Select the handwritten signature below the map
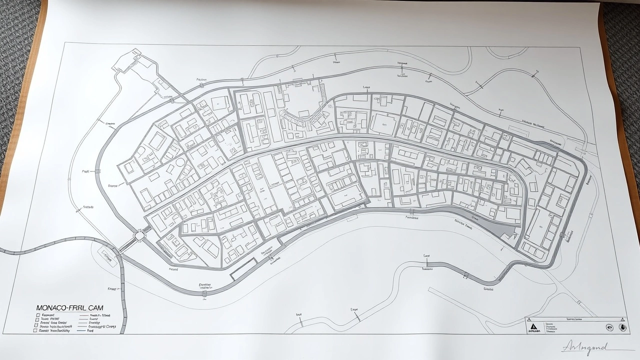point(584,347)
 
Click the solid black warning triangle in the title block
point(532,327)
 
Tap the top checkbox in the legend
point(37,316)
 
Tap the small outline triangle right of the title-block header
point(622,319)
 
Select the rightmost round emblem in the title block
point(622,327)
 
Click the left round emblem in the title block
point(609,327)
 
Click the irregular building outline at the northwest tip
point(128,62)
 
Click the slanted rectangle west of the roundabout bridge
point(107,256)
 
